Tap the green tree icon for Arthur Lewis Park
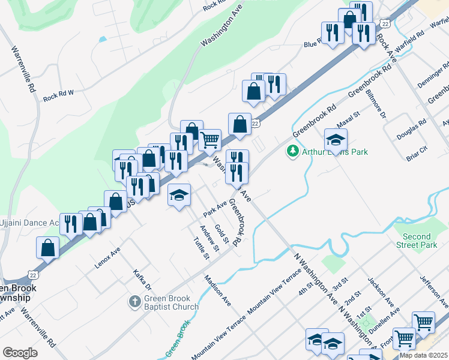coord(293,151)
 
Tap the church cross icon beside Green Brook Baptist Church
coord(136,301)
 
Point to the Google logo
coord(20,353)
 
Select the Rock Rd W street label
coord(58,94)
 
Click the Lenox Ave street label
coord(107,257)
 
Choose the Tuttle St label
coord(200,249)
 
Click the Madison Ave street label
coord(217,290)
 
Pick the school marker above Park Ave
coord(179,195)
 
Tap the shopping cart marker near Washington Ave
coord(209,140)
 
